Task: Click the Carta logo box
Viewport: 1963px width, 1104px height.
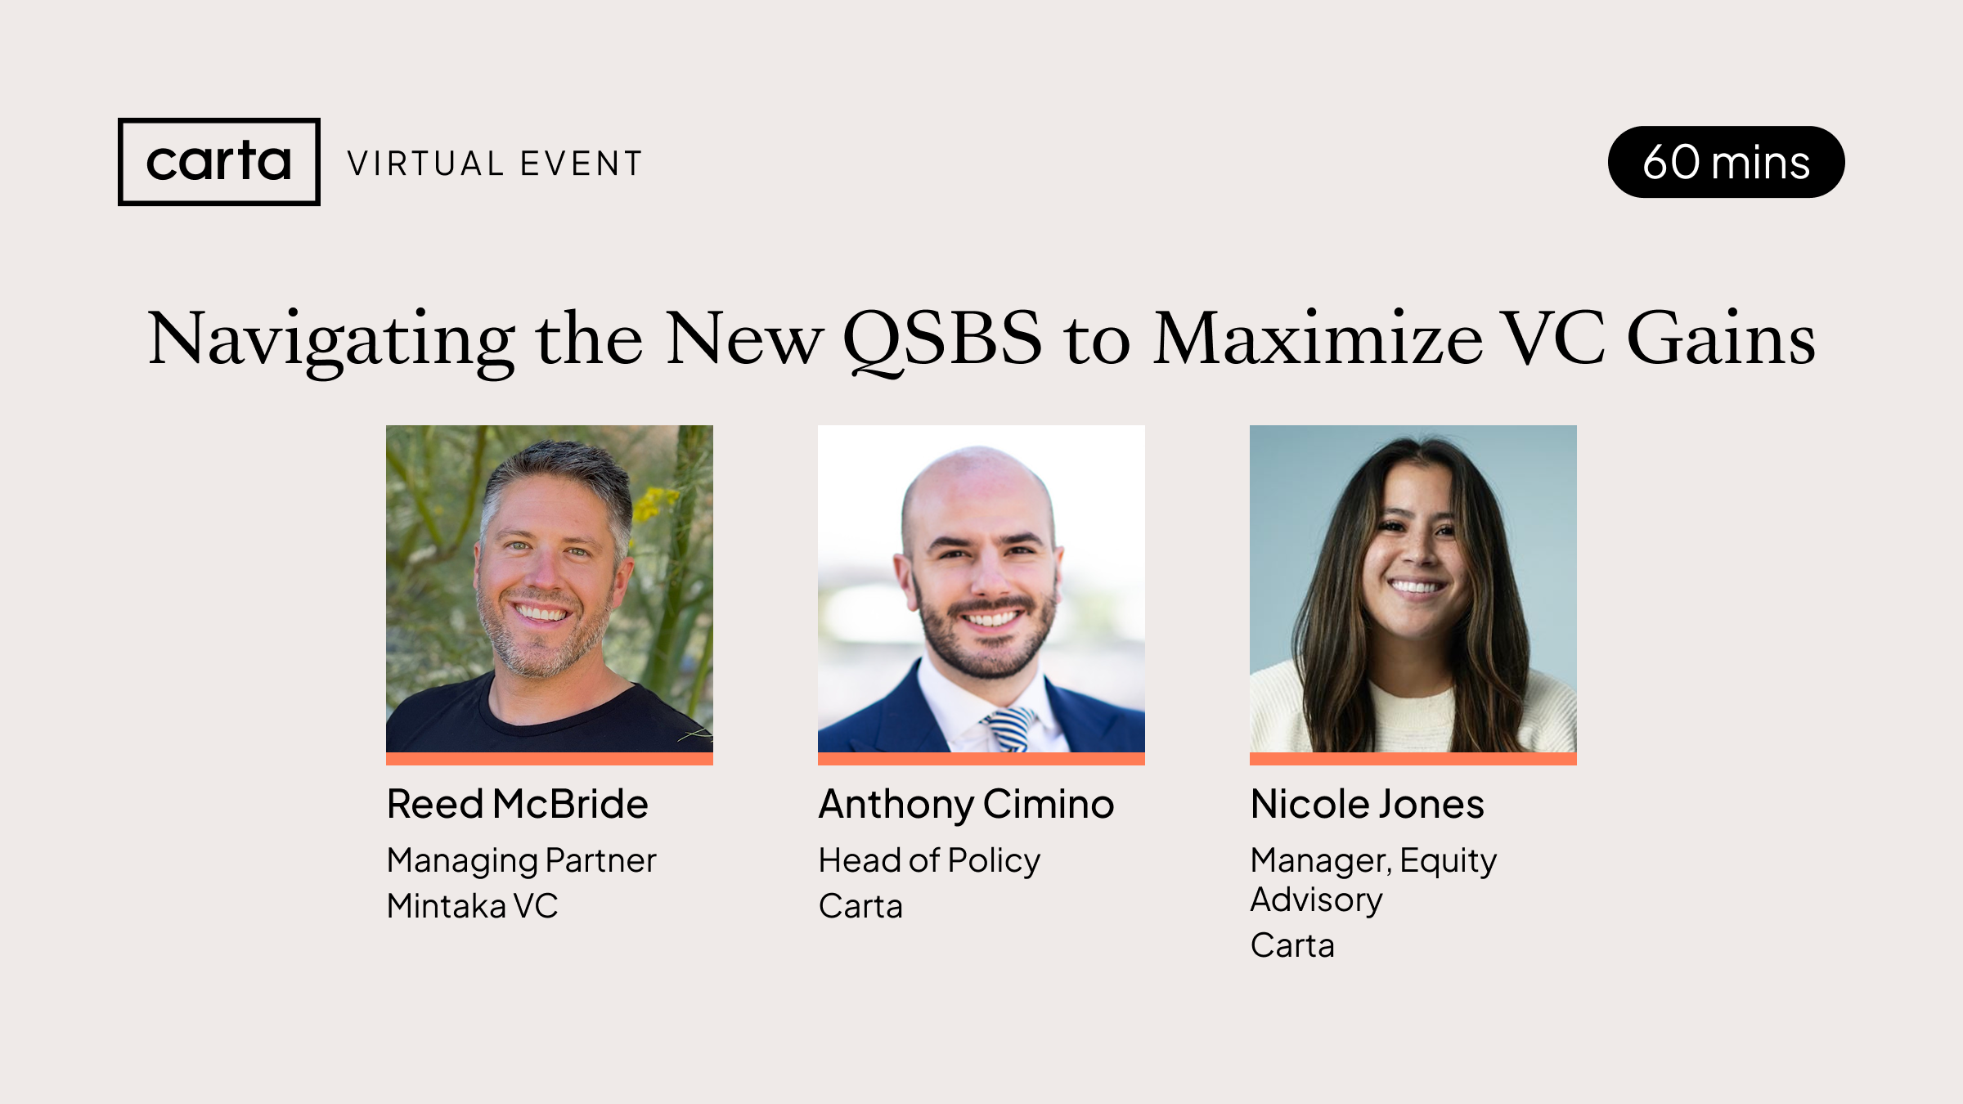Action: coord(218,162)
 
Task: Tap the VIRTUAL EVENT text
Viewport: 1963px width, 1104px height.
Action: coord(495,164)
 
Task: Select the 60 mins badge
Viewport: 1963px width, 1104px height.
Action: coord(1726,162)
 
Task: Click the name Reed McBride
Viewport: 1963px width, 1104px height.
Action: coord(517,804)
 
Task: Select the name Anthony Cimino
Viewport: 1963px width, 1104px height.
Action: coord(966,804)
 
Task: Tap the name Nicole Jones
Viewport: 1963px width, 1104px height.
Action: coord(1367,804)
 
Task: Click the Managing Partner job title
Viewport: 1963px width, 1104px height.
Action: coord(521,860)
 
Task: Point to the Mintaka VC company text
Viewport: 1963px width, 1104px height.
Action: coord(472,906)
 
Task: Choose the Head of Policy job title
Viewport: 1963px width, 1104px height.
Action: coord(929,860)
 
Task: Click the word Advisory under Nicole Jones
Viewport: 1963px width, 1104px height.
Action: coord(1316,900)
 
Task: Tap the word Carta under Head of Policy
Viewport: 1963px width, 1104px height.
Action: coord(860,906)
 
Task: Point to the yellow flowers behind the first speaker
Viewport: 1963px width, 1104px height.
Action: coord(655,500)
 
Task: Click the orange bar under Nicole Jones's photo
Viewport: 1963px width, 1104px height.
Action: coord(1413,759)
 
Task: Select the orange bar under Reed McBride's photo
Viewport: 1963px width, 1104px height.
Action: coord(549,759)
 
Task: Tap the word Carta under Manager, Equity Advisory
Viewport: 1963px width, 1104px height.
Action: coord(1292,945)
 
